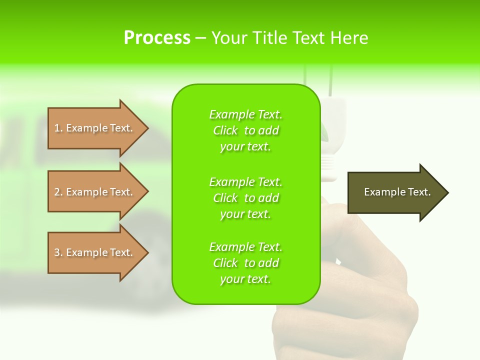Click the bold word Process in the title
click(157, 38)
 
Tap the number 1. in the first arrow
click(58, 128)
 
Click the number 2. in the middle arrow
click(58, 192)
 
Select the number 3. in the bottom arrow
click(58, 252)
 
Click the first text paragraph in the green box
click(245, 130)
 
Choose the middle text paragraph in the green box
click(245, 198)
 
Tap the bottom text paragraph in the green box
click(245, 263)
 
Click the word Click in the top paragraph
click(225, 130)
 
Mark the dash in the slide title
click(200, 38)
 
